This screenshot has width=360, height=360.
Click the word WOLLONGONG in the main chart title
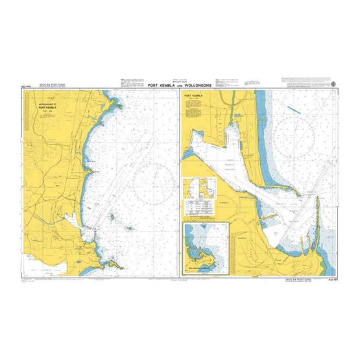198,86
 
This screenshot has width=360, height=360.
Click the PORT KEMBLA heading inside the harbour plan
194,96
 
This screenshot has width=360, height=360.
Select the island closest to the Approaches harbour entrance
112,218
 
